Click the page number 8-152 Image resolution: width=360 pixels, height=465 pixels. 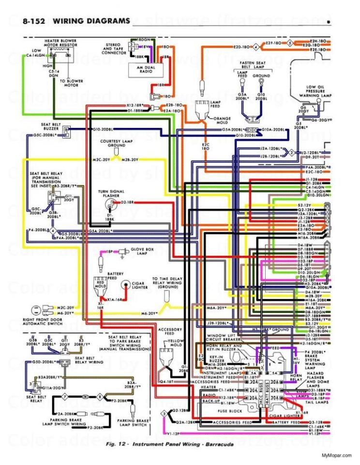(x=35, y=21)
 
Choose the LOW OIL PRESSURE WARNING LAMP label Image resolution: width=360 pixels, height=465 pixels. (x=316, y=92)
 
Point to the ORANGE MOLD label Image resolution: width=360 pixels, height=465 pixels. (x=222, y=120)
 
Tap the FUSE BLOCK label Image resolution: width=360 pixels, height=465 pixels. (x=231, y=411)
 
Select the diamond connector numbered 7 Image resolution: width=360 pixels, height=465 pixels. (x=64, y=397)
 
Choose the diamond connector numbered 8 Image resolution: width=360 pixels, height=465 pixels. (x=100, y=397)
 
